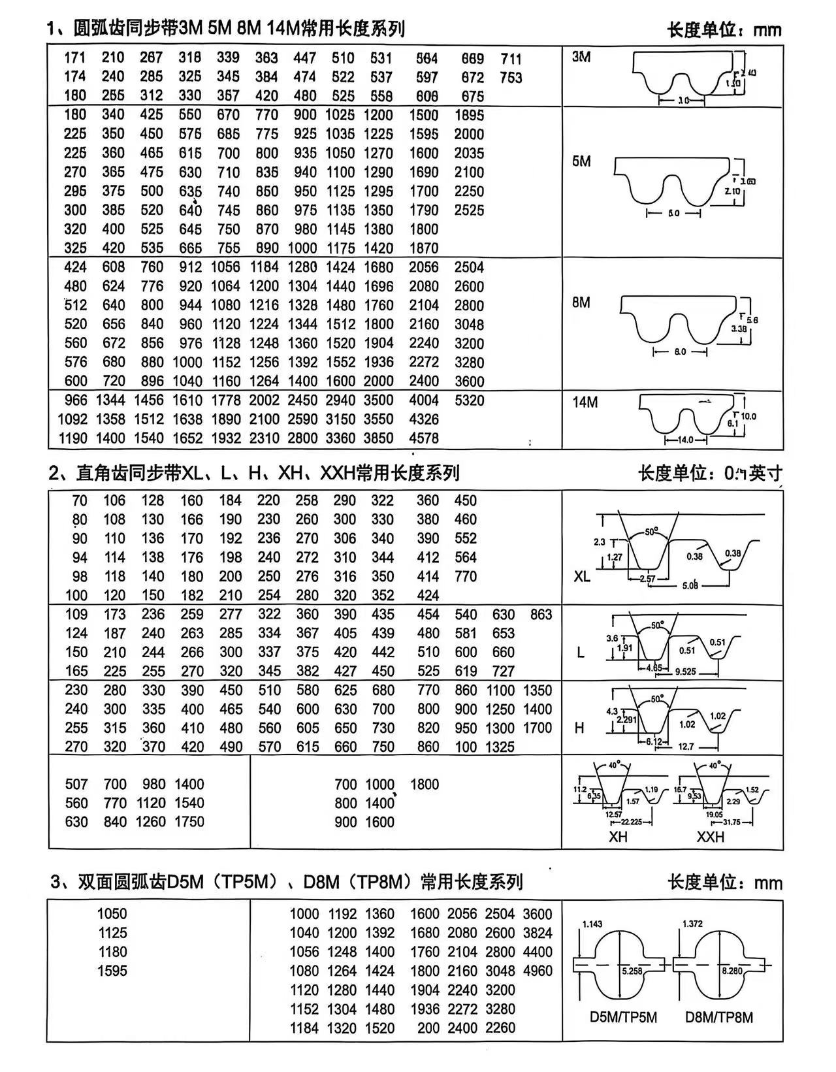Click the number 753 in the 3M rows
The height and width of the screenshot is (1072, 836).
coord(511,78)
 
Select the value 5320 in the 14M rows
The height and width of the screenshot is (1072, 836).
coord(469,400)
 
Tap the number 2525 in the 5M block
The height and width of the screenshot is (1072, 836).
coord(469,210)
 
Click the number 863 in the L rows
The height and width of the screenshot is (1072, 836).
coord(541,614)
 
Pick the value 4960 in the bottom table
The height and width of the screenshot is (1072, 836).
coord(538,971)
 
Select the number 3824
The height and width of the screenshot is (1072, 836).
coord(538,933)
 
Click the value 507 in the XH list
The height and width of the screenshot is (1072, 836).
coord(76,784)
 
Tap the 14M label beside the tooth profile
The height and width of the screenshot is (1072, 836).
coord(585,402)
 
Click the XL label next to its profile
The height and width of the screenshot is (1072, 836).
coord(581,577)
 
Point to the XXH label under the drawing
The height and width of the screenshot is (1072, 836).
coord(710,837)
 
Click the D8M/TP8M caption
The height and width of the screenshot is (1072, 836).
coord(719,1017)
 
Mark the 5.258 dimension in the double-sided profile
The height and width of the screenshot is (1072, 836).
coord(632,971)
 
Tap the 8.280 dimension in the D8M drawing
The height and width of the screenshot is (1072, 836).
coord(731,971)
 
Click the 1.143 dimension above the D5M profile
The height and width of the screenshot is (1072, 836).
coord(592,924)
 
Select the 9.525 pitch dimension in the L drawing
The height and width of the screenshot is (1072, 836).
coord(685,671)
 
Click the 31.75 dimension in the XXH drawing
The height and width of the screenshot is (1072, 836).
coord(731,822)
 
